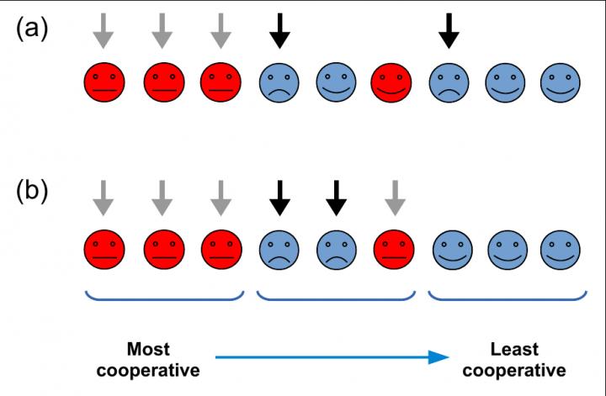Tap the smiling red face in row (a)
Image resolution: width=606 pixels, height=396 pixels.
(391, 82)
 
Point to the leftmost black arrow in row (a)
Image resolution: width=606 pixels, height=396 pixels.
(279, 29)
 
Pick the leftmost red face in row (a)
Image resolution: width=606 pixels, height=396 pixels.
(104, 82)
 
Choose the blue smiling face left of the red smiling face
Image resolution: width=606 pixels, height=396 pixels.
(335, 82)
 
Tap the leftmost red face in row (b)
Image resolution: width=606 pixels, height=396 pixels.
(104, 249)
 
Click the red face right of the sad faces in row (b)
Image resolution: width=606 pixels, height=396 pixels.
(391, 249)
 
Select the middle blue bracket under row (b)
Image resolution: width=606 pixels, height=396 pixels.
(335, 296)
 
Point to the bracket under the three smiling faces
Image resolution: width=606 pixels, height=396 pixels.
(506, 296)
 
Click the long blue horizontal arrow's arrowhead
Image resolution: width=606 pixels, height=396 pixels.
(435, 357)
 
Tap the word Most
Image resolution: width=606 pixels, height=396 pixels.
(147, 347)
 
